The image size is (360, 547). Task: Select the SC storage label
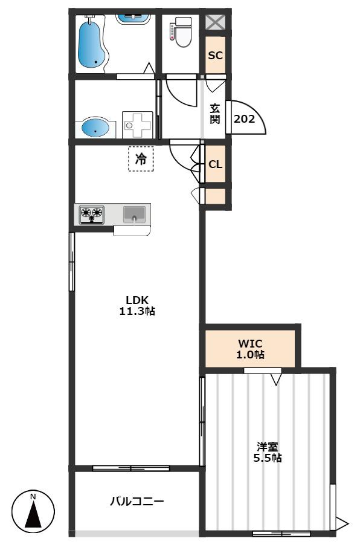coord(216,55)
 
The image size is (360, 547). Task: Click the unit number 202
coord(244,119)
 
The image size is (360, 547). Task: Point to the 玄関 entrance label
coord(214,114)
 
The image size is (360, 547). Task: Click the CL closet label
coord(216,164)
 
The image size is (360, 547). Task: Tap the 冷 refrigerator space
coord(141,159)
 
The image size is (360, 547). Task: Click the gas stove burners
coord(92,214)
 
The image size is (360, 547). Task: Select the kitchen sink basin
coord(134,214)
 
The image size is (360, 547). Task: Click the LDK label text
coord(137,300)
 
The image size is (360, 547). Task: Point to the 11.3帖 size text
coord(137,311)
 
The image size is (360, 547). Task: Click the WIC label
coord(250,344)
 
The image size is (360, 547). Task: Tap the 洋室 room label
coord(268,447)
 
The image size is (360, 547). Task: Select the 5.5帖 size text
coord(268,458)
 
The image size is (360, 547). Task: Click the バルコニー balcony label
coord(137,502)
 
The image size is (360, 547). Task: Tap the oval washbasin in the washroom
coord(95,128)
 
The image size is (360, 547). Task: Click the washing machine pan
coord(138,125)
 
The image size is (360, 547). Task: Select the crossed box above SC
coord(215,23)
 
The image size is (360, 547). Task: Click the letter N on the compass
coord(33,496)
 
